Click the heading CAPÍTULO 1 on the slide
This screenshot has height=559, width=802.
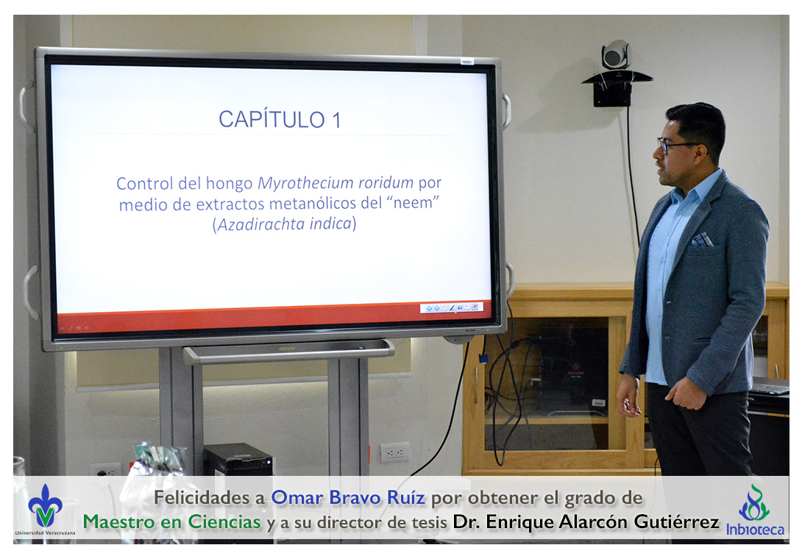coord(280,120)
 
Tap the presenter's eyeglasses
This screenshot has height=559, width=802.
coord(675,145)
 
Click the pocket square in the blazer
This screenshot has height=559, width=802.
coord(701,239)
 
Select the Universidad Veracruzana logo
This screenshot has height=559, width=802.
coord(45,510)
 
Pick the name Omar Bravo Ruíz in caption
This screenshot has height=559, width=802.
coord(348,497)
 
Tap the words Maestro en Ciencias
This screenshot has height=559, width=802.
coord(172,521)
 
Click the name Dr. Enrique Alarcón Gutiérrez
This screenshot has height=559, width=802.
coord(586,521)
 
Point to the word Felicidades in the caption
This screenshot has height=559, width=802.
coord(209,497)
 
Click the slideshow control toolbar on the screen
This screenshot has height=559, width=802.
coord(452,307)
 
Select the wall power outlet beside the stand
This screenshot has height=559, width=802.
coord(394,452)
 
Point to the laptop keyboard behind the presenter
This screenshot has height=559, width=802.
coord(770,387)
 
